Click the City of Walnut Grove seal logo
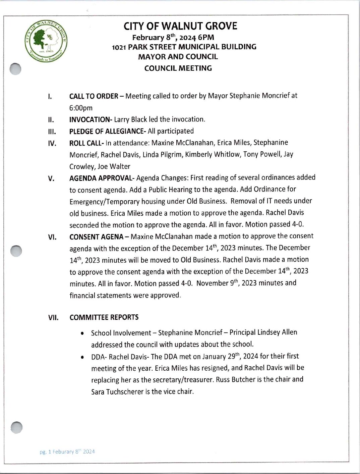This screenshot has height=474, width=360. tap(46, 41)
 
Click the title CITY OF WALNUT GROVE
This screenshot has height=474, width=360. tap(180, 26)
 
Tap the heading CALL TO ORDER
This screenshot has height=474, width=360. tap(94, 96)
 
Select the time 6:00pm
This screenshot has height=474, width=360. tap(81, 108)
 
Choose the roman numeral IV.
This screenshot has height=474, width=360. tap(52, 144)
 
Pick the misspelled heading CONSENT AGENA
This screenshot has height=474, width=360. tap(97, 237)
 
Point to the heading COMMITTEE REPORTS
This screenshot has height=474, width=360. tap(104, 317)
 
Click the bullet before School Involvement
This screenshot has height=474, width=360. tap(82, 333)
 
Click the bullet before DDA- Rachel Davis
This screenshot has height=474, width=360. tap(82, 358)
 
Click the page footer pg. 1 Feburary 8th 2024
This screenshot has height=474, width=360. tap(67, 452)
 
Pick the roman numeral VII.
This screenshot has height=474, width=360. tap(53, 318)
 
